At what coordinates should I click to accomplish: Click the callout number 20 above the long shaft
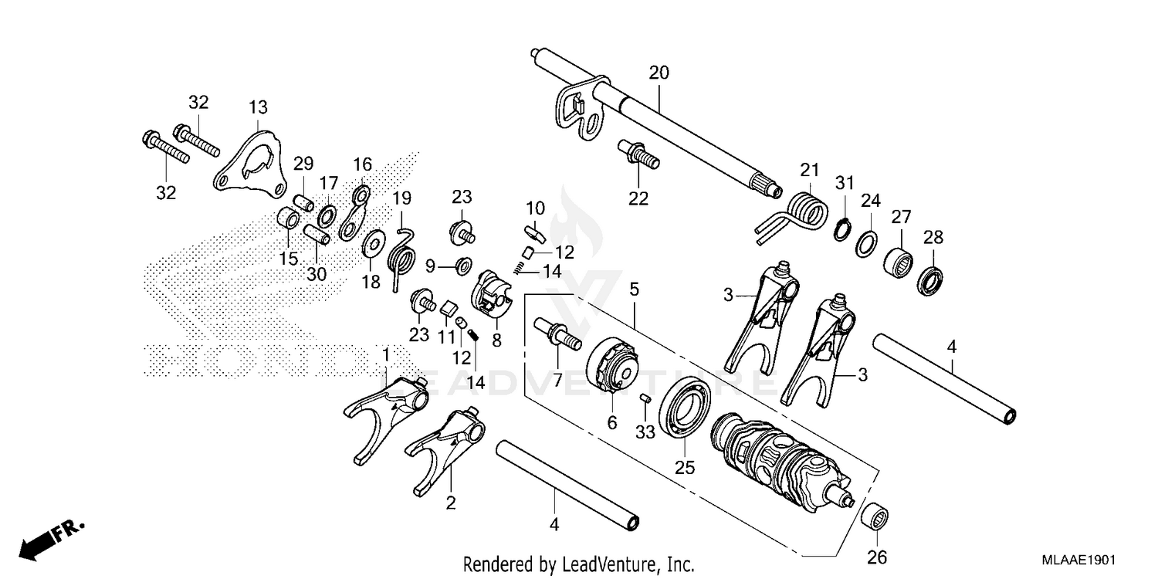click(x=659, y=73)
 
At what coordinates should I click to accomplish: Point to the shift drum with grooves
click(x=780, y=456)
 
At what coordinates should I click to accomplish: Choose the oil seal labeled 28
click(x=933, y=279)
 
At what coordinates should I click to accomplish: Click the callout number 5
click(x=634, y=290)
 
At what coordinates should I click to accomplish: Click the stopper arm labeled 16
click(x=354, y=209)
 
